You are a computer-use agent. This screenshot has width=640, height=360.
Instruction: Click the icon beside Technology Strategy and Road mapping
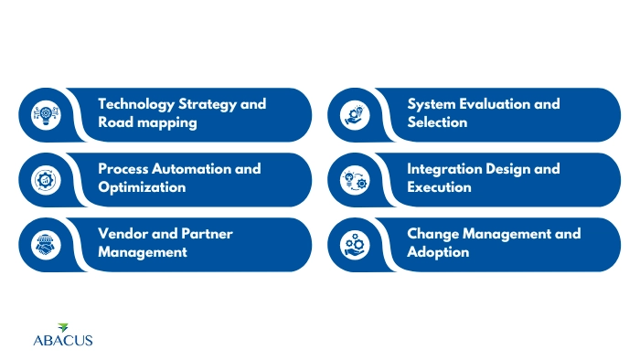(x=44, y=115)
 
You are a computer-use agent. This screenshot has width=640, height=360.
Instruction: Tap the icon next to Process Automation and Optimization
(x=44, y=180)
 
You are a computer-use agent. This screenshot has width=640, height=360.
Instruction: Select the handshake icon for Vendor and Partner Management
(x=44, y=245)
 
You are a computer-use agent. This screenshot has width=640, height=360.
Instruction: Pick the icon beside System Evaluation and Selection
(x=353, y=115)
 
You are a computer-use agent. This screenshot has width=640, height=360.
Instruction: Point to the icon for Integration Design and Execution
(x=353, y=180)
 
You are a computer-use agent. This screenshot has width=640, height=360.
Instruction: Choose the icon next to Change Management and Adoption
(x=353, y=245)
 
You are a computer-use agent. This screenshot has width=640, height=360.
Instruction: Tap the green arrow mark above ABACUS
(x=63, y=327)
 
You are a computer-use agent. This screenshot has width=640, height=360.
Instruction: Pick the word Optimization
(x=143, y=187)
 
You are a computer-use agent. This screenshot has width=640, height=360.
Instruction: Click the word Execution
(x=440, y=187)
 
